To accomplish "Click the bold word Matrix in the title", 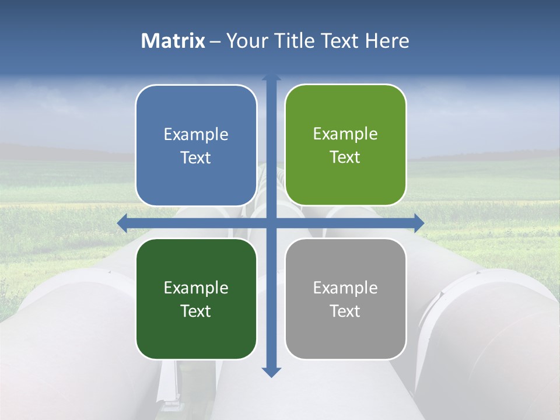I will (173, 41).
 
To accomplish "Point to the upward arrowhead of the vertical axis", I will (271, 78).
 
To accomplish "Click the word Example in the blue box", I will (196, 135).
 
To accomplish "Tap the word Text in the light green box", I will (345, 157).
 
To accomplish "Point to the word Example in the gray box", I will (345, 288).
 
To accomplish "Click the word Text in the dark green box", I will (195, 311).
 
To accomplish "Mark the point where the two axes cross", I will (271, 223).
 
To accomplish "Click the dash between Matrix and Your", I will (215, 41).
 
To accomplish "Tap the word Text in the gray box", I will (345, 311).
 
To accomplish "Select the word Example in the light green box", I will (345, 134).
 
